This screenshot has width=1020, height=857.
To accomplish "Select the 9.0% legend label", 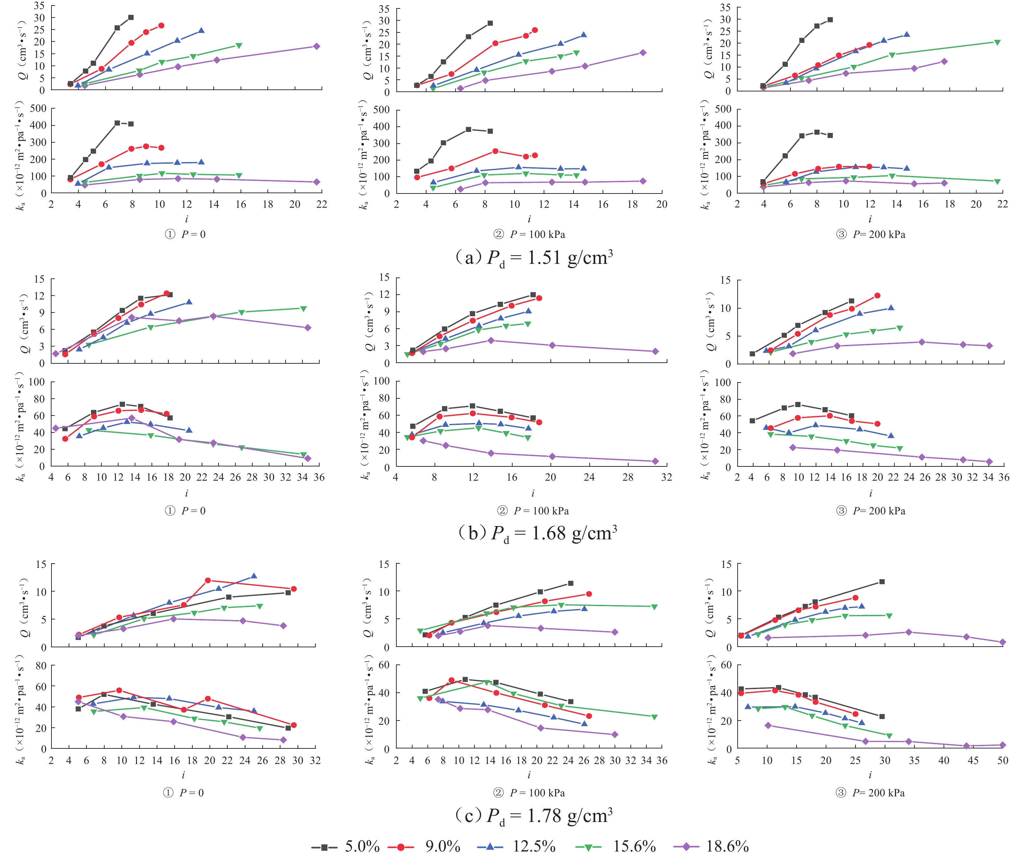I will click(x=442, y=846).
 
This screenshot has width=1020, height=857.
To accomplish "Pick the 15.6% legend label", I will click(x=634, y=846).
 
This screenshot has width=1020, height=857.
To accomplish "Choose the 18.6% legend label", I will click(x=727, y=846).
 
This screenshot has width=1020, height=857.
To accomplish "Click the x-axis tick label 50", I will click(x=1003, y=760).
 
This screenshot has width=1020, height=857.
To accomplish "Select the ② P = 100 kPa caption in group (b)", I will click(x=533, y=511).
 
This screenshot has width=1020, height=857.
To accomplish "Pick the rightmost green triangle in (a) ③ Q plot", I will click(x=997, y=42).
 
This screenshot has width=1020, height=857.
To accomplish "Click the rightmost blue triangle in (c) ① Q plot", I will click(x=254, y=576).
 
